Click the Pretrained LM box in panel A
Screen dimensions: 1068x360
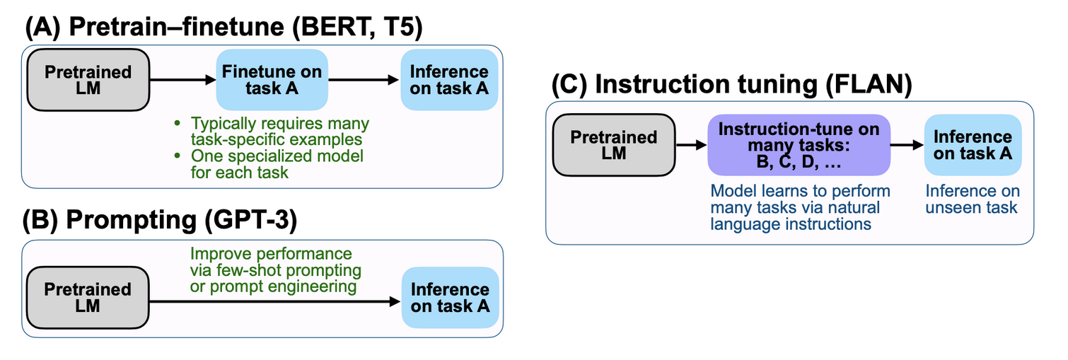pos(88,80)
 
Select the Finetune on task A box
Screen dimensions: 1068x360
pos(272,80)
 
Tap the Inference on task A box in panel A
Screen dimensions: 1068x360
pos(449,80)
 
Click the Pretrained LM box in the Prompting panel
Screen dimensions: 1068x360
pos(88,298)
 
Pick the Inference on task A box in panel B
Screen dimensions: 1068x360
pos(450,298)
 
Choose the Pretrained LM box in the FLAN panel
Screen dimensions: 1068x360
pos(614,145)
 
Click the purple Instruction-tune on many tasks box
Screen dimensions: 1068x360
pos(799,145)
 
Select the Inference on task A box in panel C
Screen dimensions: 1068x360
pos(973,145)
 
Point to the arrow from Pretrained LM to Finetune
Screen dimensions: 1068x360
pos(183,80)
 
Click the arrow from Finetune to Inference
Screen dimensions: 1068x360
pos(364,80)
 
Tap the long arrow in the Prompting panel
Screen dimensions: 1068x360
pos(275,301)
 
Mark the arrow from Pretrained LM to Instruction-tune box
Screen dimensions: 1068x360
pos(691,144)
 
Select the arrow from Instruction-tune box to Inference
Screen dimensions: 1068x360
pos(907,144)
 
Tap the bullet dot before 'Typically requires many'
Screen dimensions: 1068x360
pos(178,124)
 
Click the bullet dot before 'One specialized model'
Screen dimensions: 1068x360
pos(178,156)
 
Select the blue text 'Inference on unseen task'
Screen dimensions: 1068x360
pos(973,199)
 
